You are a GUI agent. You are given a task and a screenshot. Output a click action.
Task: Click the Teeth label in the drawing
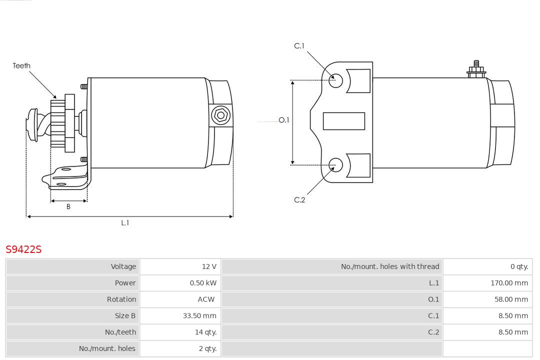coord(21,65)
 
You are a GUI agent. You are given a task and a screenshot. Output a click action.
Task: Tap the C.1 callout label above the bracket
coord(299,46)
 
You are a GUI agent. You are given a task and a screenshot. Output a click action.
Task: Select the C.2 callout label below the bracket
coord(299,200)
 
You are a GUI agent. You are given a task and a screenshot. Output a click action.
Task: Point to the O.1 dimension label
coord(283,120)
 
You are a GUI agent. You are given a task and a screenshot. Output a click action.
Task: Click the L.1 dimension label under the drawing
coord(125,223)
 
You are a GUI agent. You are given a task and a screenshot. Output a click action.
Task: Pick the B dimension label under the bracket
coord(68,206)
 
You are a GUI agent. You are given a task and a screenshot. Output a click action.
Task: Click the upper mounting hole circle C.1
coord(336,80)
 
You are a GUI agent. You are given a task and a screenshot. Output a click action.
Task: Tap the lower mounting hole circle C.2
coord(336,164)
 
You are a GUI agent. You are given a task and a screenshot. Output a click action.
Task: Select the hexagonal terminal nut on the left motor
coord(220,115)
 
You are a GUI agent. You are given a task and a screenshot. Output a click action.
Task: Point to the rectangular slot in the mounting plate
coord(343,121)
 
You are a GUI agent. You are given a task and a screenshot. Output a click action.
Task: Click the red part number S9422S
coord(23,249)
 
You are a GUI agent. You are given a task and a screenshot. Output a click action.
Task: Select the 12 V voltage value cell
coord(209,266)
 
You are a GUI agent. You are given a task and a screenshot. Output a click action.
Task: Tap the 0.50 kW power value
coord(203,283)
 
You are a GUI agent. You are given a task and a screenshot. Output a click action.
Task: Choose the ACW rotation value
coord(206,299)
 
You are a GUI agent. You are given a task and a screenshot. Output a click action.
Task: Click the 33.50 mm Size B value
coord(199,315)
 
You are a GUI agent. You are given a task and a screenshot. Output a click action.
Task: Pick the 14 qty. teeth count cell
coord(205,332)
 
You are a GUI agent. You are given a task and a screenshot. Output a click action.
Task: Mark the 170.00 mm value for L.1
coord(509,283)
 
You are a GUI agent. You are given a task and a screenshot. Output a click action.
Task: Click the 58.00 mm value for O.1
coord(511,299)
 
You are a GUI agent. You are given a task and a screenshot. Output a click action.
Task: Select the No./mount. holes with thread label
coord(390,266)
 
